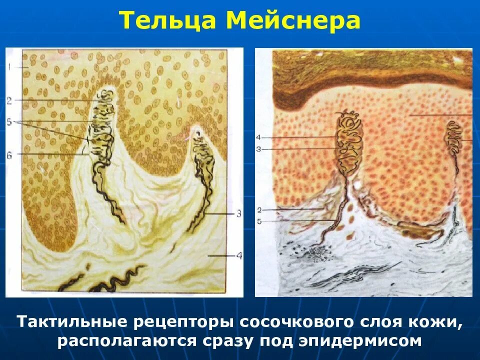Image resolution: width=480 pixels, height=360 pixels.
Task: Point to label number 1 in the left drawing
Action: click(x=9, y=66)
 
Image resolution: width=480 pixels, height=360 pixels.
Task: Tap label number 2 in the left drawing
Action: click(x=9, y=100)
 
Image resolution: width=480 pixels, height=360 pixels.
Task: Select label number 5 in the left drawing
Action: click(x=9, y=121)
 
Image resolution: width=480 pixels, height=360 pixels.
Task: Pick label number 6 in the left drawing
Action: click(x=9, y=154)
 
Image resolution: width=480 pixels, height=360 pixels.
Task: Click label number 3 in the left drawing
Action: click(x=239, y=213)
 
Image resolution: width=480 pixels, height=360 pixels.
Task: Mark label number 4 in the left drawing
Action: click(x=239, y=256)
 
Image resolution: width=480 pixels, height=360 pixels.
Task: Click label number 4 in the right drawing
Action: click(x=258, y=137)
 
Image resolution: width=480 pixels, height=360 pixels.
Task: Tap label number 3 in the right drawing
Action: click(x=258, y=148)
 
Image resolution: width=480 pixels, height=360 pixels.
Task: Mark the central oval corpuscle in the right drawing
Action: click(x=349, y=142)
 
